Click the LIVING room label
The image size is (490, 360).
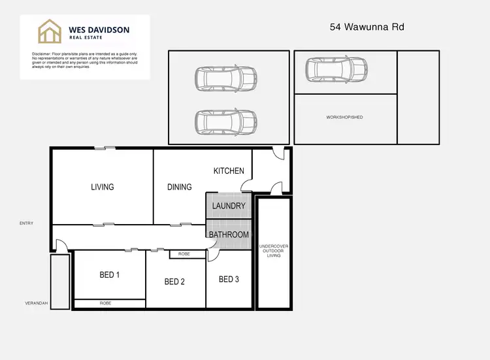(x=103, y=187)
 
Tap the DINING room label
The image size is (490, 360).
(x=180, y=187)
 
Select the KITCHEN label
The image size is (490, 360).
(x=229, y=171)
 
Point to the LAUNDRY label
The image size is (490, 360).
(x=229, y=206)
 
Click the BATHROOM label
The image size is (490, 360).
(x=229, y=235)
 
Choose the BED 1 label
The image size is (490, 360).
(x=109, y=275)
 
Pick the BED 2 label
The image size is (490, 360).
(x=174, y=282)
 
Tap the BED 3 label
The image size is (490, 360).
(x=229, y=280)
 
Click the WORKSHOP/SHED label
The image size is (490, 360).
(x=344, y=118)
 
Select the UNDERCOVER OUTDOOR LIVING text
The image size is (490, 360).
(x=274, y=251)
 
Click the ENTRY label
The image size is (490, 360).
(x=26, y=223)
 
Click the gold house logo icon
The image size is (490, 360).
(x=49, y=31)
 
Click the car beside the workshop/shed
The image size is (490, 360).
(x=337, y=69)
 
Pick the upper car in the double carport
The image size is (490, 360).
(x=225, y=78)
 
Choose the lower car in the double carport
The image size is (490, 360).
(x=225, y=121)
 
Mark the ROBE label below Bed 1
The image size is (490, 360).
(x=105, y=303)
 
